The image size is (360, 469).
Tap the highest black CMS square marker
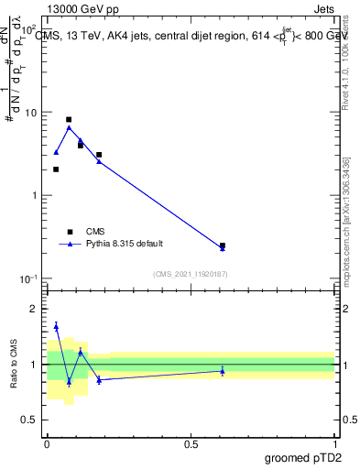69,119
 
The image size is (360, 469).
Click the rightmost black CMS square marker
223,245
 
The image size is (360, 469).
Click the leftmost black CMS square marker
56,169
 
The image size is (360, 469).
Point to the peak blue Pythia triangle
69,127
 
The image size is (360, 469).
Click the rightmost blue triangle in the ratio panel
223,370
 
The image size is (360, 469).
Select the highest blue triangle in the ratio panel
56,326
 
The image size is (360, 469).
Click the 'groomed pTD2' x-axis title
302,457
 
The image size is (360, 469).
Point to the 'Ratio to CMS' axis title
15,365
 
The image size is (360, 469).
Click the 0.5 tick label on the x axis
191,443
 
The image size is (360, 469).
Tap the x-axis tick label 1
334,443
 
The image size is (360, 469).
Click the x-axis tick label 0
47,443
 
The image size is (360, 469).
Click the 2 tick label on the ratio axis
36,309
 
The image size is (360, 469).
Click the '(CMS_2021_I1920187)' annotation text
191,273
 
